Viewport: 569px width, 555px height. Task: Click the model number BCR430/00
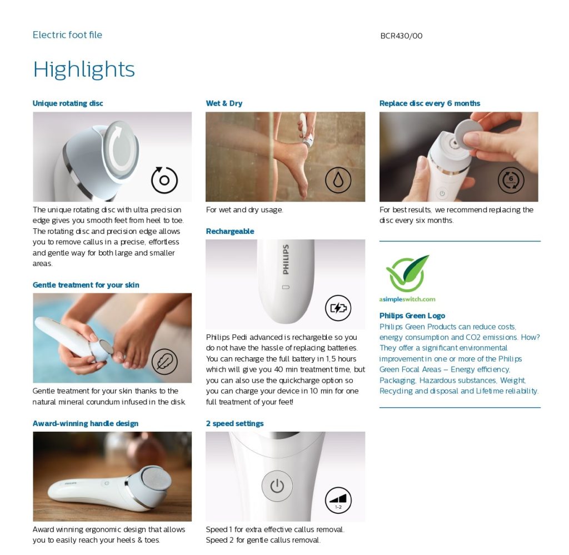401,36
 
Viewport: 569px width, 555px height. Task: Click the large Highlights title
84,69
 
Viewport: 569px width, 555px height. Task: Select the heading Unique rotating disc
68,103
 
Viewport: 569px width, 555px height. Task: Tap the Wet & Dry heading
224,103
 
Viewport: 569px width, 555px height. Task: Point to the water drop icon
338,180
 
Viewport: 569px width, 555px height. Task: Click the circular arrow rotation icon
164,180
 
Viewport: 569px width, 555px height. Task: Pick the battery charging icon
338,308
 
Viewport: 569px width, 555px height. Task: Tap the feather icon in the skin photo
164,361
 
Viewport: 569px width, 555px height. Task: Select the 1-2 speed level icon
338,500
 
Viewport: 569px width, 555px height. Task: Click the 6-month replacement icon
511,180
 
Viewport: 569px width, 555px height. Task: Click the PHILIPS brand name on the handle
286,259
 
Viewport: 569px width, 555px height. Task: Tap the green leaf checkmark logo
408,273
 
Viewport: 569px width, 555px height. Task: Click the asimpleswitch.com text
407,299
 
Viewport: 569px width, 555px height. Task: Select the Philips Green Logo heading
412,316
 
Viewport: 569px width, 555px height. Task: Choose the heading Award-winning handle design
86,423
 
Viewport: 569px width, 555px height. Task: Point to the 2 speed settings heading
234,423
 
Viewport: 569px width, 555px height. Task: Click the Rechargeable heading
230,231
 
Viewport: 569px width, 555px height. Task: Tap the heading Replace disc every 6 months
430,103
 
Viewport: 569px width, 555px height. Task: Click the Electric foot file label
67,35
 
